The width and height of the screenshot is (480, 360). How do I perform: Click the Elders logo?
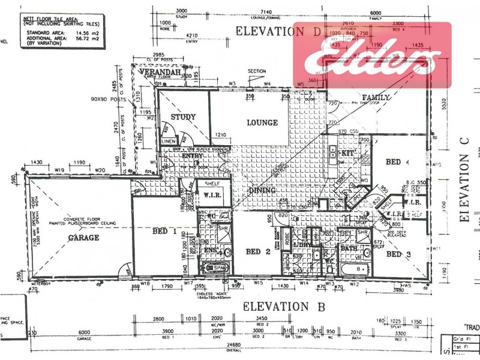click(x=372, y=55)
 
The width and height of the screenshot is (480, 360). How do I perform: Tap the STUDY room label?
click(x=184, y=116)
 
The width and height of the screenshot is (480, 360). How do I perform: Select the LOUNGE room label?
click(x=262, y=123)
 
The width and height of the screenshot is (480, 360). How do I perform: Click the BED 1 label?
click(x=164, y=231)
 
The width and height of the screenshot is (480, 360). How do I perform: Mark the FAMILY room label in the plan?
click(x=376, y=97)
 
